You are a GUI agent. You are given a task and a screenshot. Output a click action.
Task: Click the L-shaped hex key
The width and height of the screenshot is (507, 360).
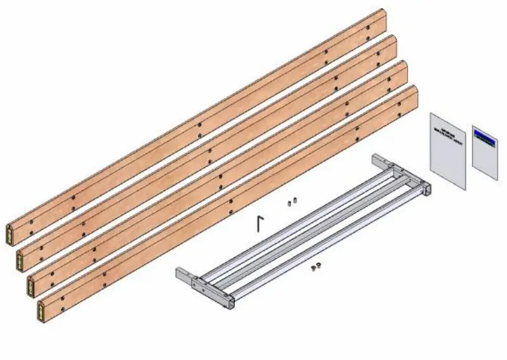pos(259,223)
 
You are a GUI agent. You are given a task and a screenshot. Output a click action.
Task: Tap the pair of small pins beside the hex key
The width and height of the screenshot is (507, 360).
pos(291,202)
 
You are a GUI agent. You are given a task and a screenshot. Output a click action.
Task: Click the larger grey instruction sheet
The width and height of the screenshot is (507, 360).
pos(447,151)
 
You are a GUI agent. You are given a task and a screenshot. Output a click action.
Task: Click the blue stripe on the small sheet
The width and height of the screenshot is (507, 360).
pos(484,136)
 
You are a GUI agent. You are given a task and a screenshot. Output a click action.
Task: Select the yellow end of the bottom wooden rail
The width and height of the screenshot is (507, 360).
pos(42,311)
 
